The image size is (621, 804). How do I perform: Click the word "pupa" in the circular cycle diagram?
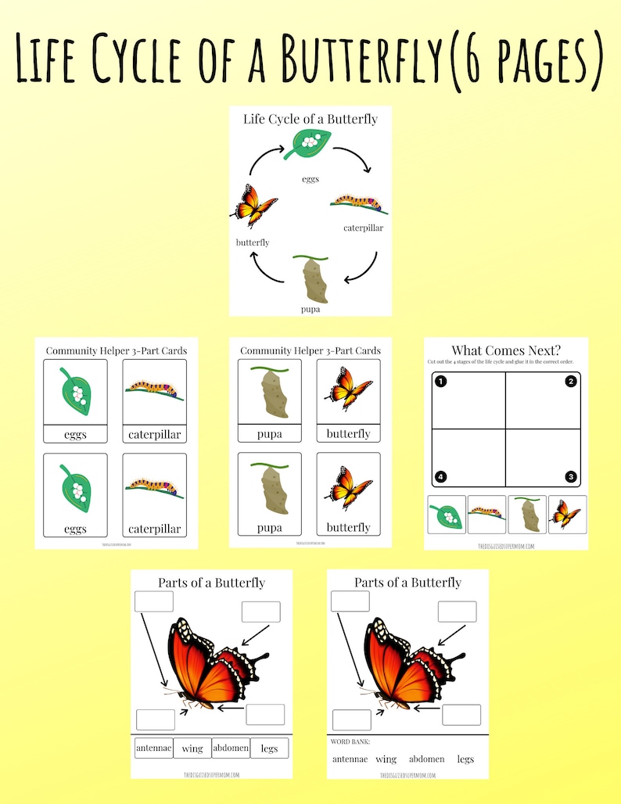[x=310, y=309]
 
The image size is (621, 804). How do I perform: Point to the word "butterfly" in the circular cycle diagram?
[x=253, y=242]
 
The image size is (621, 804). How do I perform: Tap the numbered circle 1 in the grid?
[x=440, y=382]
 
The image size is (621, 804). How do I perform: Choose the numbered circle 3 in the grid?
[x=571, y=476]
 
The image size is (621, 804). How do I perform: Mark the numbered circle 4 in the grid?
[x=440, y=476]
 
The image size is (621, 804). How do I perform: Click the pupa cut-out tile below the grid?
[x=526, y=515]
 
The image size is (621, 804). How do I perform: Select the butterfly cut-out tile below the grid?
[x=567, y=515]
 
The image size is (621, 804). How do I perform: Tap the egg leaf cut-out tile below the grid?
[x=447, y=515]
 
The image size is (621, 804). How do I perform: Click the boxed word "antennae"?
[x=153, y=748]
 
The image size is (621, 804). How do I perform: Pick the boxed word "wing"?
[x=192, y=748]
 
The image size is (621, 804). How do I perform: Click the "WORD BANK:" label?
[x=350, y=741]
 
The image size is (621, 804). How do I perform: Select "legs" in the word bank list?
[x=465, y=759]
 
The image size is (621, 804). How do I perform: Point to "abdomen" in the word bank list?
[x=427, y=759]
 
